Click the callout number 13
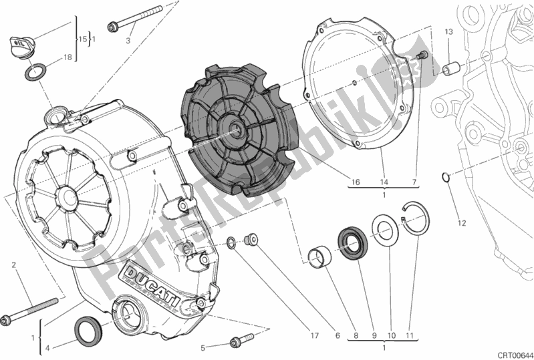(x=449, y=32)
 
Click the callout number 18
(x=68, y=57)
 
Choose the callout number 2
(x=13, y=265)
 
